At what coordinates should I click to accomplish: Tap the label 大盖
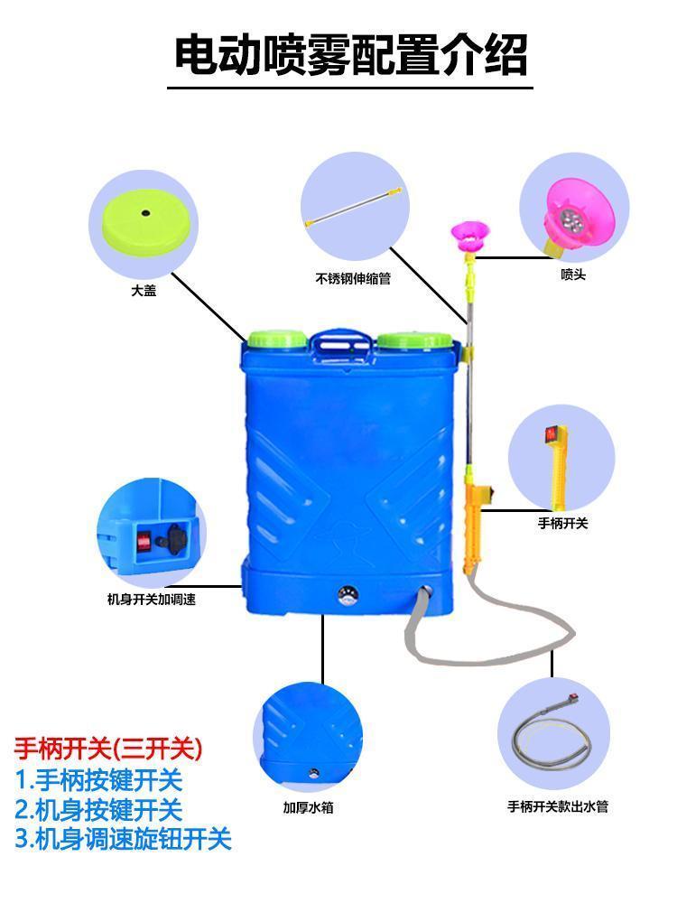click(x=144, y=291)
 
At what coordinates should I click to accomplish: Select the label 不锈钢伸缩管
click(x=353, y=279)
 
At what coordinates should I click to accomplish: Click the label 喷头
click(x=573, y=275)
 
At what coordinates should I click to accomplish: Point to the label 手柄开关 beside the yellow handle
click(x=562, y=523)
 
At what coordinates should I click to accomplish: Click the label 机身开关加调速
click(x=152, y=599)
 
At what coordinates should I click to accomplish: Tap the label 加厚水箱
click(x=308, y=807)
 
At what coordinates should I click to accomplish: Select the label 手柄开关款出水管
click(x=557, y=806)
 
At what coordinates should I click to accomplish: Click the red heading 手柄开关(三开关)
click(x=108, y=749)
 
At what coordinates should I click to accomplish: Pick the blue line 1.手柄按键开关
click(x=98, y=779)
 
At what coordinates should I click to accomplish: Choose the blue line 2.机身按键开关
click(x=98, y=809)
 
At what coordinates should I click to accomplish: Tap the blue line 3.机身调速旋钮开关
click(x=124, y=840)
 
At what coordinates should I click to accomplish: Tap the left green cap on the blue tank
click(x=277, y=340)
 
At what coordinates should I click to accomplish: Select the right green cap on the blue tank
click(x=414, y=340)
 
